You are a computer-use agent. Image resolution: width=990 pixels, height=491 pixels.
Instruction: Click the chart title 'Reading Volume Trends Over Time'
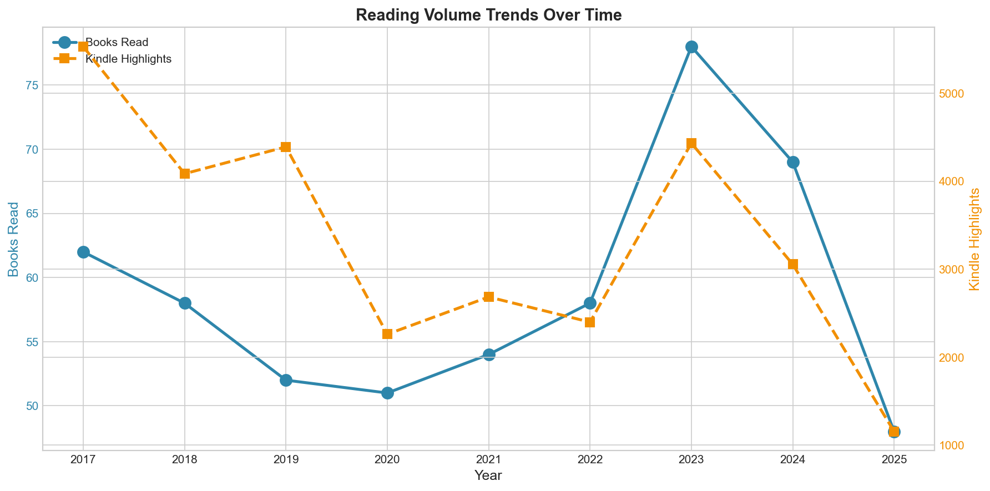pos(488,15)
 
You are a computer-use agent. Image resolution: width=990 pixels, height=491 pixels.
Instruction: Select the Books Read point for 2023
pos(691,47)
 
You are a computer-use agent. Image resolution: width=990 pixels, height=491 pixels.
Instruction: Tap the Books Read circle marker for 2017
pos(83,252)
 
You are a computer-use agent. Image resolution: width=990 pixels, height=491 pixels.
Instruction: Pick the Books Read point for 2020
pos(387,393)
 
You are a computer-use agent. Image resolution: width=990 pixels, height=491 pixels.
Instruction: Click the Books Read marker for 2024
pos(793,162)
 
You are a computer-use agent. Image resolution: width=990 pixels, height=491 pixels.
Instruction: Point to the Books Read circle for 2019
pos(286,380)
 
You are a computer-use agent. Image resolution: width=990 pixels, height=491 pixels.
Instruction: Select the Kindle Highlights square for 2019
pos(286,147)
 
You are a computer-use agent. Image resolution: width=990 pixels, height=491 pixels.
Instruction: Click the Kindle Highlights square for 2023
pos(691,144)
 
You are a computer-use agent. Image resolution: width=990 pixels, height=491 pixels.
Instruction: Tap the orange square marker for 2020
pos(387,334)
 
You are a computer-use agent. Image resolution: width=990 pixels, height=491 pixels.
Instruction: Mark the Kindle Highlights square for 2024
pos(793,264)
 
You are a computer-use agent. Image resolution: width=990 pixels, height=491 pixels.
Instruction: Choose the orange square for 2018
pos(185,174)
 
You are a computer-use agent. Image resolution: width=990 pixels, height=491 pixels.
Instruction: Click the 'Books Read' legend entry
pos(117,42)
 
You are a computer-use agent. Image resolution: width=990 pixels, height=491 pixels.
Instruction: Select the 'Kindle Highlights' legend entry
pos(128,59)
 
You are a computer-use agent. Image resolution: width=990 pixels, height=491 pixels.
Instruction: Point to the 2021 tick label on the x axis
pos(488,460)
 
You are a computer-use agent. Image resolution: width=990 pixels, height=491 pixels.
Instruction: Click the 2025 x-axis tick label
pos(894,460)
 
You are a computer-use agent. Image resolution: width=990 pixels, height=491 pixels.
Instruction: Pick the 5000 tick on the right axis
pos(951,93)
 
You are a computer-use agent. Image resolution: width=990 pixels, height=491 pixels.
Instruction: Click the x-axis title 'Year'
pos(488,475)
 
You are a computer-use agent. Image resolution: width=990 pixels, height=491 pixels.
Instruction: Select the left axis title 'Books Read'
pos(14,239)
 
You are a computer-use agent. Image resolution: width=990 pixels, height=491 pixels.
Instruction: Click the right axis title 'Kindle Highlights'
pos(975,239)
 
